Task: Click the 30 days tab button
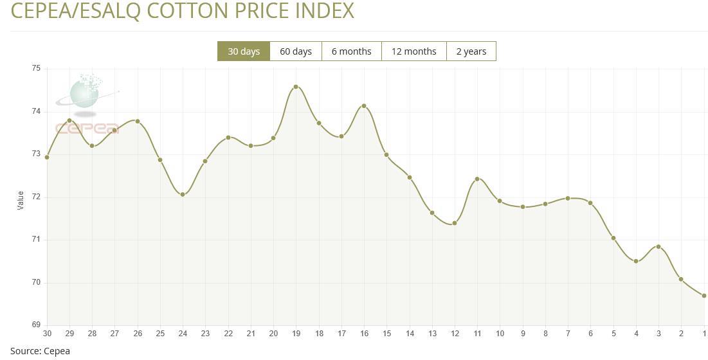click(244, 51)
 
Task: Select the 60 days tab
click(296, 51)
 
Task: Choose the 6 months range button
click(351, 51)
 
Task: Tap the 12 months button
click(413, 51)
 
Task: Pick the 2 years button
click(471, 51)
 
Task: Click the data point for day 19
click(296, 87)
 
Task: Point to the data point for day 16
click(364, 106)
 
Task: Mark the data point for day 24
click(183, 194)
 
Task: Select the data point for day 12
click(455, 223)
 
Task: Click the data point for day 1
click(704, 296)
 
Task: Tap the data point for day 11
click(477, 179)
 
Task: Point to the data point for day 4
click(636, 261)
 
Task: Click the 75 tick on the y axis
click(36, 68)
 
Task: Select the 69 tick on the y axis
click(36, 325)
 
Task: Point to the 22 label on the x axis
click(228, 334)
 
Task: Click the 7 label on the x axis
click(568, 334)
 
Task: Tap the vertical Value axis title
click(20, 200)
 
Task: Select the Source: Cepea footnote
click(40, 351)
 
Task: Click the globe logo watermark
click(84, 92)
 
